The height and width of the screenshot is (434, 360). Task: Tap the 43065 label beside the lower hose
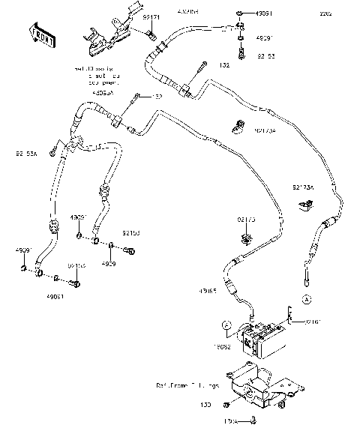point(208,290)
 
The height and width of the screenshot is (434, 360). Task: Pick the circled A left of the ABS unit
point(226,325)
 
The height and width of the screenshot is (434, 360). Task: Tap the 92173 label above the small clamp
point(247,220)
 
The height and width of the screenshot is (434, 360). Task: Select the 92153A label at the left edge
point(25,156)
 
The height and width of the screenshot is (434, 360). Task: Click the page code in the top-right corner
point(346,13)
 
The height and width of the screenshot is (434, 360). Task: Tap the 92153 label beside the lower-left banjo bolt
point(130,233)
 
